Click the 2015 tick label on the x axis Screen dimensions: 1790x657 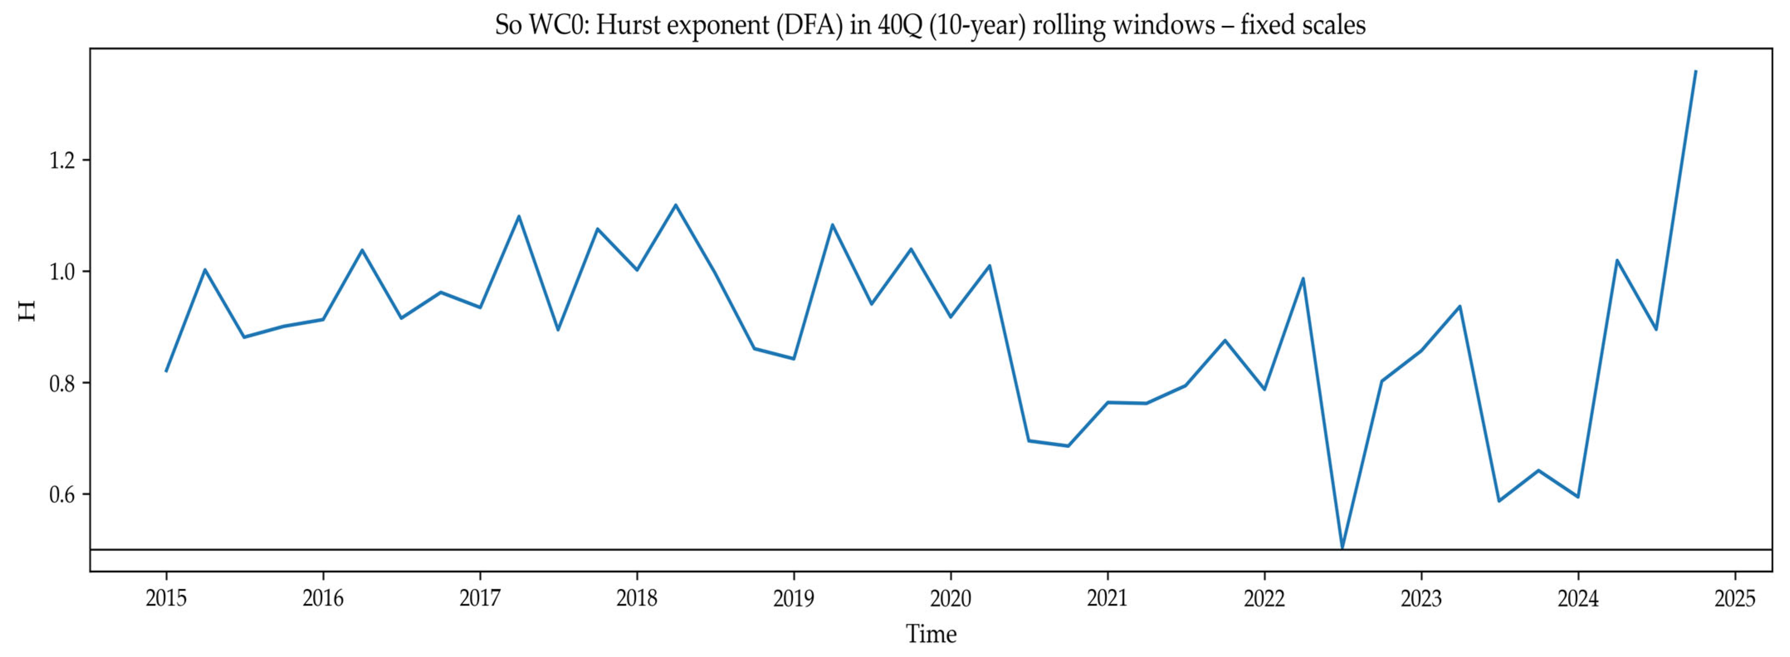166,598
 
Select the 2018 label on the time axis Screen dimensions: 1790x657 637,598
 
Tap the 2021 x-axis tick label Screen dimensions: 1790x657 1108,598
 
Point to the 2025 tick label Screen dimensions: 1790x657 1735,598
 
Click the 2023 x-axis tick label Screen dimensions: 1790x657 1421,598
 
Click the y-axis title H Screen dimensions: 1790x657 27,310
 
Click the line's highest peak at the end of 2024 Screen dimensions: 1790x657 1695,71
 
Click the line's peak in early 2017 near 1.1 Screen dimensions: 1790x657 519,216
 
